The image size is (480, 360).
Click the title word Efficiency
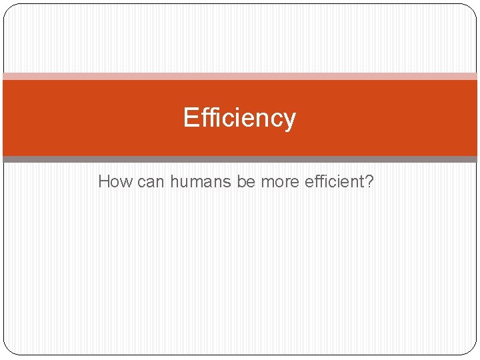[239, 118]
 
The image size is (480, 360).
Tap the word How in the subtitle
[115, 181]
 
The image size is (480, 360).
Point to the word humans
[201, 181]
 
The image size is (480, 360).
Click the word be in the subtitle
[247, 181]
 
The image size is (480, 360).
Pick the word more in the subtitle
[280, 181]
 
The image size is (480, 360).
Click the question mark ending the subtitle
[369, 181]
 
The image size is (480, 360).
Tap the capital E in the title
[191, 118]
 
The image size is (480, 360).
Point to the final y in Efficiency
[289, 121]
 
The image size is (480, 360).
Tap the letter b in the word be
[241, 181]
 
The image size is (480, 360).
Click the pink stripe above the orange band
[240, 76]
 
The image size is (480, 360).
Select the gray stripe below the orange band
[240, 159]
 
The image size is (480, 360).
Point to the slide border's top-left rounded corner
[8, 9]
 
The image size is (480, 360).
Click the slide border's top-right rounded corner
[471, 9]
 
